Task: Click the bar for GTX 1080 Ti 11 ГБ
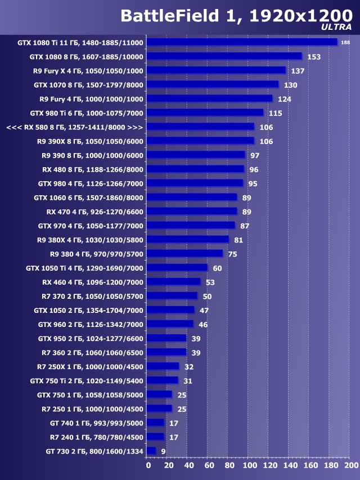242,42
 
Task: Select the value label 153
314,57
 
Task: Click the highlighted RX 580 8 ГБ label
75,127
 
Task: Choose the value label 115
275,113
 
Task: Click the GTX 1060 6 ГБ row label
88,198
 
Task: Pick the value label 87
245,226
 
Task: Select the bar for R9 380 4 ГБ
185,254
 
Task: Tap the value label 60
217,268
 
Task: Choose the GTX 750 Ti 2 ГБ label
91,381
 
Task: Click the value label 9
163,451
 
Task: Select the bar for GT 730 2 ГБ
151,451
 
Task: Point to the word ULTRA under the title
337,26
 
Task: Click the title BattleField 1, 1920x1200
236,16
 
